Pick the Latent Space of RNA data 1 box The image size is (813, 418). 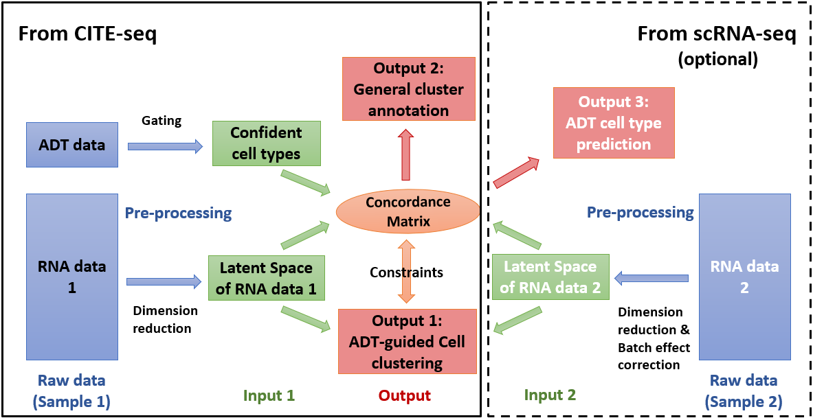pyautogui.click(x=266, y=279)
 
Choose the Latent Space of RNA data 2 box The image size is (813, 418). pyautogui.click(x=550, y=278)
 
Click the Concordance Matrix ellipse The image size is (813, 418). pyautogui.click(x=408, y=211)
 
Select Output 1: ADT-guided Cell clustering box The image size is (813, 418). pyautogui.click(x=407, y=341)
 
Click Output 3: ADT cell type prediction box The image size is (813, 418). pyautogui.click(x=613, y=123)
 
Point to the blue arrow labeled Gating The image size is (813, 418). pyautogui.click(x=166, y=146)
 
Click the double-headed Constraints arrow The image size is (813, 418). pyautogui.click(x=407, y=272)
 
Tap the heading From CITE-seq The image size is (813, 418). pyautogui.click(x=87, y=34)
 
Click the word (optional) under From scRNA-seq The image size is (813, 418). pyautogui.click(x=717, y=60)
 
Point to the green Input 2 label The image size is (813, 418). pyautogui.click(x=550, y=395)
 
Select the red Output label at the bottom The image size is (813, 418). pyautogui.click(x=405, y=395)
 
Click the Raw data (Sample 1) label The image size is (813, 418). pyautogui.click(x=71, y=391)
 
